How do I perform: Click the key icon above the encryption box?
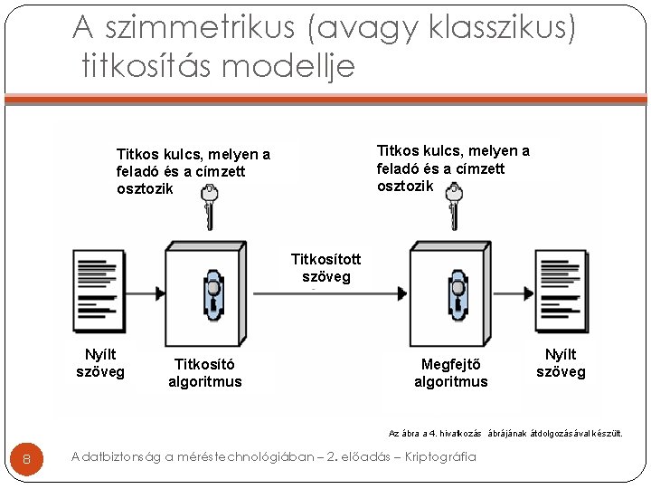click(x=210, y=206)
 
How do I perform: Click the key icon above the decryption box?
click(x=455, y=206)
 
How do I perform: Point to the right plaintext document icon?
click(x=561, y=291)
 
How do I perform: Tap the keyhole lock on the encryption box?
click(x=213, y=294)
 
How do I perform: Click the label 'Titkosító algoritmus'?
click(x=205, y=372)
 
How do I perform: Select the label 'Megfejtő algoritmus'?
click(x=450, y=372)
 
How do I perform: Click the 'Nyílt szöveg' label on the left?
click(x=100, y=362)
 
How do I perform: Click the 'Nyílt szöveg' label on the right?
click(x=561, y=362)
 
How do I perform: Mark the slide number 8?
click(x=26, y=459)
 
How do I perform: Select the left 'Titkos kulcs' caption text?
click(x=193, y=171)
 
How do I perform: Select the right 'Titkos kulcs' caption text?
click(x=453, y=168)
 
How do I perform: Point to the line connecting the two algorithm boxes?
click(x=325, y=293)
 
